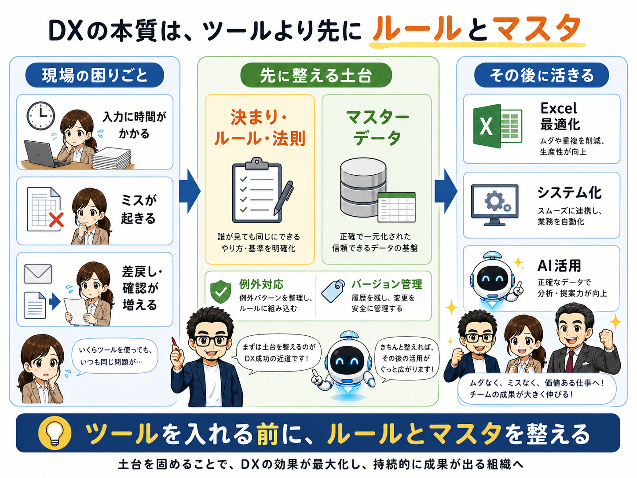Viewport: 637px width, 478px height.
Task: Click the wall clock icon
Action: pyautogui.click(x=40, y=116)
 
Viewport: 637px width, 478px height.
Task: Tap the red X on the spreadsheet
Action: pyautogui.click(x=56, y=219)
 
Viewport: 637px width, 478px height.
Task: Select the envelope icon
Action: pyautogui.click(x=38, y=274)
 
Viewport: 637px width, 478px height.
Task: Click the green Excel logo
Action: pyautogui.click(x=498, y=126)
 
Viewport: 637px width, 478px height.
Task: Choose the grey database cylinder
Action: pyautogui.click(x=363, y=187)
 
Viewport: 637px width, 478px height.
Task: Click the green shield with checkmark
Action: pyautogui.click(x=221, y=291)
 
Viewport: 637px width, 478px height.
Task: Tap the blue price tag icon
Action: pyautogui.click(x=333, y=291)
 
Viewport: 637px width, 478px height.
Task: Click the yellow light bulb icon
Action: pyautogui.click(x=55, y=432)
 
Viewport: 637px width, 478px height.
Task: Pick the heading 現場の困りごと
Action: pyautogui.click(x=95, y=75)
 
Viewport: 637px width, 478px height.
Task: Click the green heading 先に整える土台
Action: pyautogui.click(x=316, y=75)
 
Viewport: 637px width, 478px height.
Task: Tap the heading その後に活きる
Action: pyautogui.click(x=542, y=75)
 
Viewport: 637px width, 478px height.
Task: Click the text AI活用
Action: pyautogui.click(x=559, y=265)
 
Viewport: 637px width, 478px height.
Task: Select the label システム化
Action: pyautogui.click(x=569, y=193)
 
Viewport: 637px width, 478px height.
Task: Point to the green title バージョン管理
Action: pyautogui.click(x=387, y=284)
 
